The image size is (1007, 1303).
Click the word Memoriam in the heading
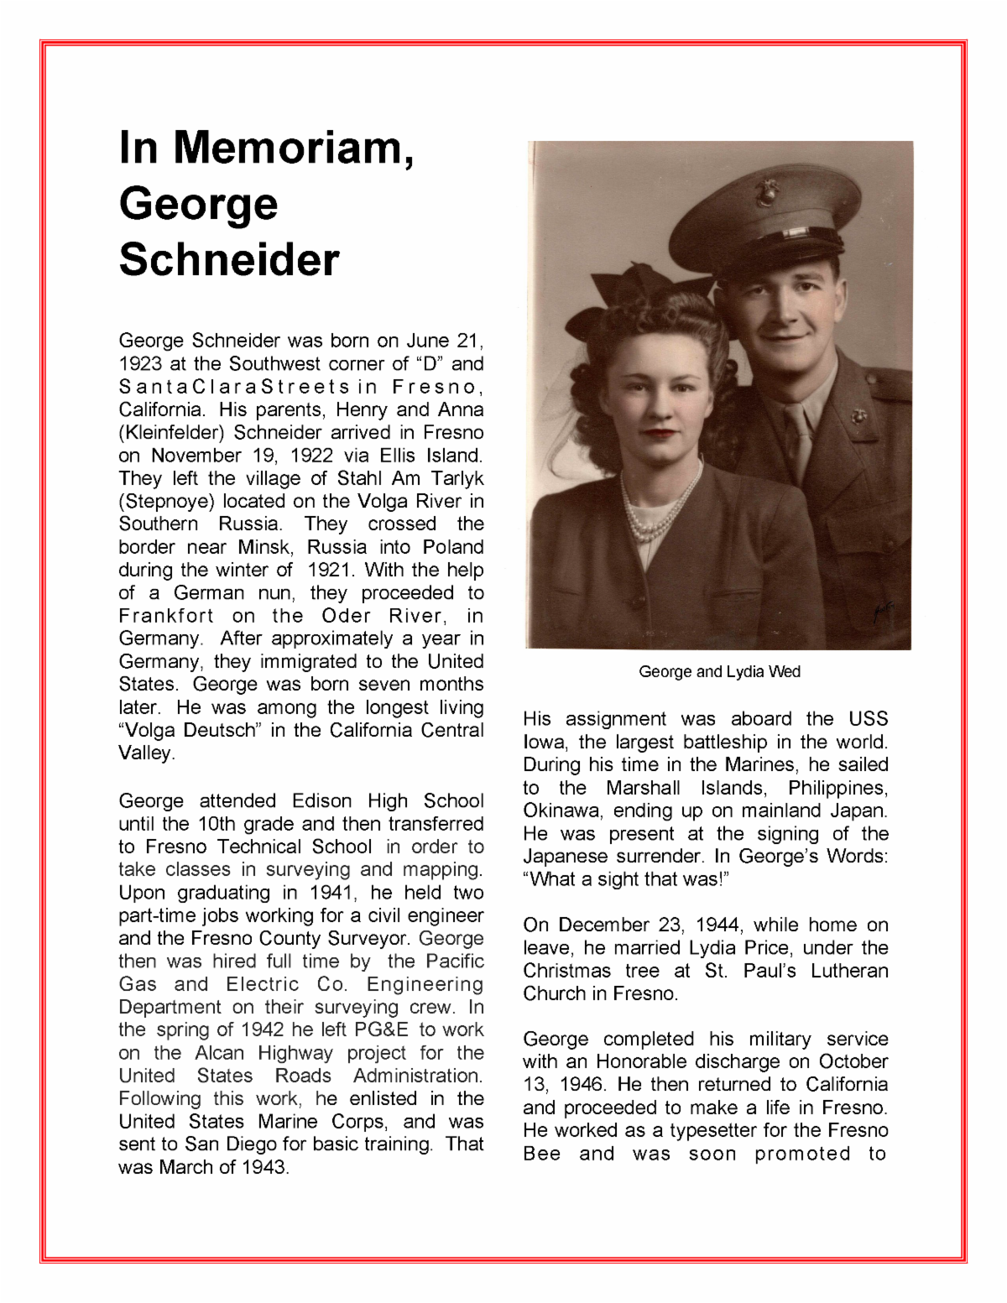294,148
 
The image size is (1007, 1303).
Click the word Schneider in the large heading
229,259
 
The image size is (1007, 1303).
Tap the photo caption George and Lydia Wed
719,672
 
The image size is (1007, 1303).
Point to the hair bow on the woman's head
629,294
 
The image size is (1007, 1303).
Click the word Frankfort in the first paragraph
166,616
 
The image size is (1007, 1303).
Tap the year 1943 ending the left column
263,1167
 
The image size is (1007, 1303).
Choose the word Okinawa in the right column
561,811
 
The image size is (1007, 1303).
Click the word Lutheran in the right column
848,971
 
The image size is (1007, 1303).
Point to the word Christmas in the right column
567,971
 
